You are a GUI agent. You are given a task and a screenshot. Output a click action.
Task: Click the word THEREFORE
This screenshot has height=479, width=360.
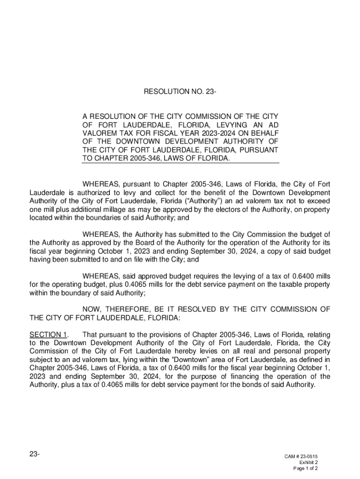point(130,309)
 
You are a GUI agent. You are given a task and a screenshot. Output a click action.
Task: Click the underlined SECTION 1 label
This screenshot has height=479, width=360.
point(48,334)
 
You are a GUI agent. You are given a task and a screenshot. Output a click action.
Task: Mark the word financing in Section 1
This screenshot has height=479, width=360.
point(249,377)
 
